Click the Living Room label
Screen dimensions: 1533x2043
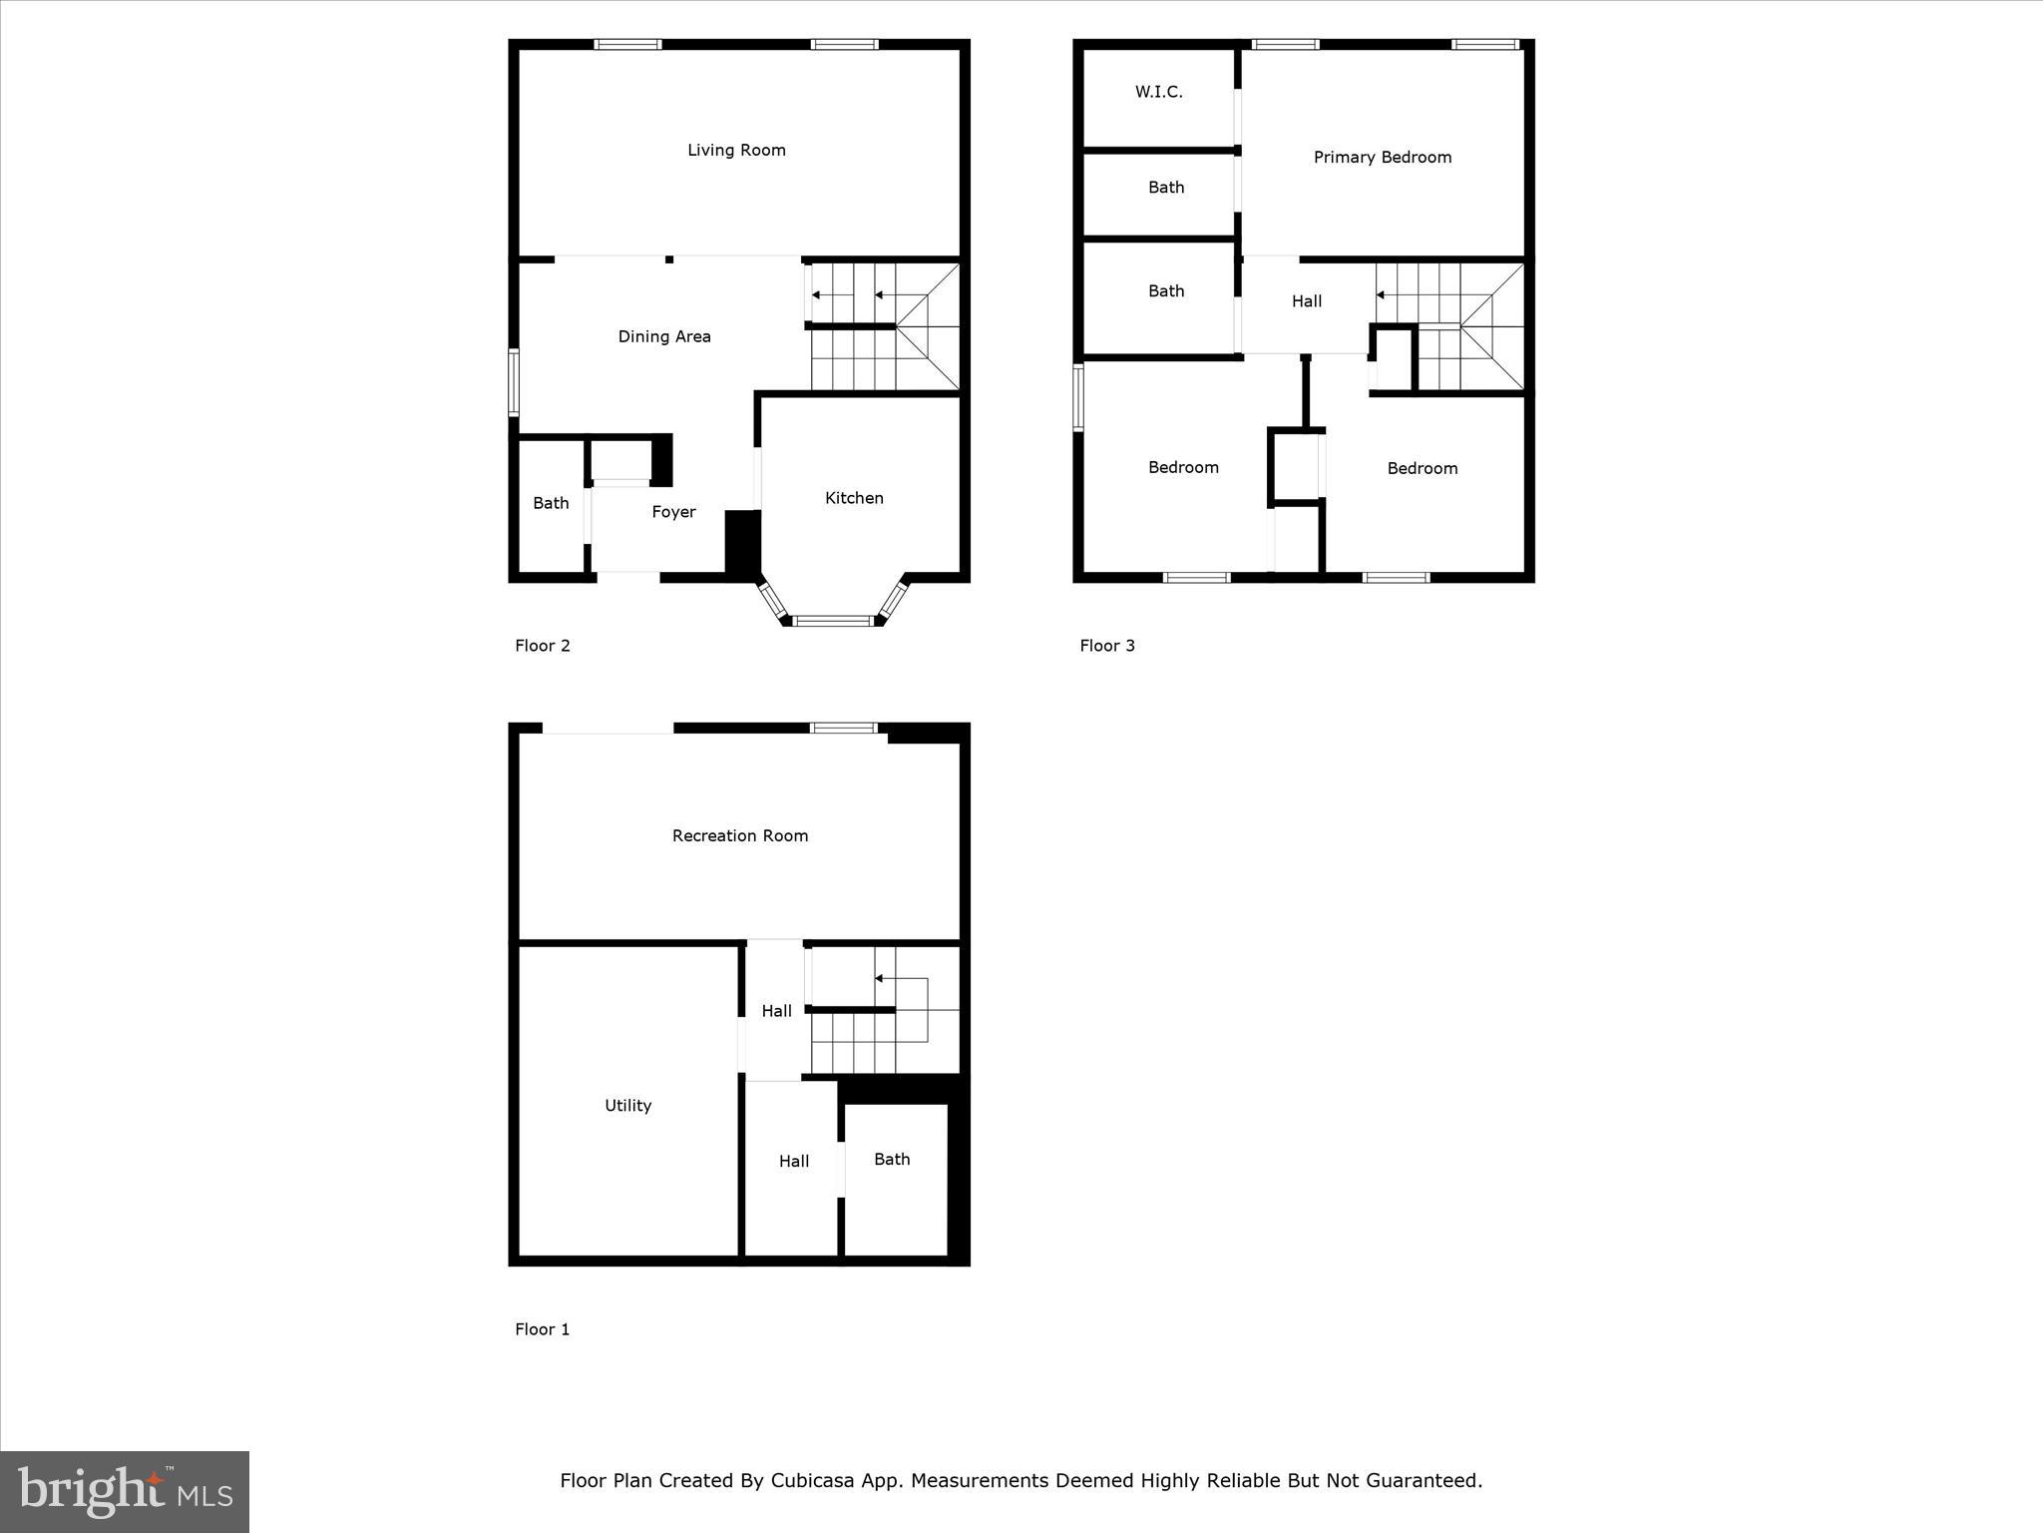tap(736, 151)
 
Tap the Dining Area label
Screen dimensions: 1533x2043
tap(664, 337)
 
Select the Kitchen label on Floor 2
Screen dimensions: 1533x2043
tap(854, 498)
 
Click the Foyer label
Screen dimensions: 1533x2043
tap(673, 512)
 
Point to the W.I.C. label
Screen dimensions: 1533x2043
tap(1158, 92)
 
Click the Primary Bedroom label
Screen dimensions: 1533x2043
tap(1382, 158)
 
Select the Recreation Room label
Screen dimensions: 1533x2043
tap(739, 836)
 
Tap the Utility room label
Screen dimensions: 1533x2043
tap(627, 1106)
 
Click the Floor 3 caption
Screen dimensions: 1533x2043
tap(1107, 646)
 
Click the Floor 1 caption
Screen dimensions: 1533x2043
tap(542, 1329)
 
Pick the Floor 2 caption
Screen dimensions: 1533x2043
tap(542, 646)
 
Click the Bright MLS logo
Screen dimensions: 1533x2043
tap(125, 1491)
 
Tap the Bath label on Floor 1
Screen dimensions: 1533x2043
tap(892, 1160)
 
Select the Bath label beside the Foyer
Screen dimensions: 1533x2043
tap(551, 504)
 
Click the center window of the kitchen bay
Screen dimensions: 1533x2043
tap(832, 621)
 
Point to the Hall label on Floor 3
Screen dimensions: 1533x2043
tap(1307, 301)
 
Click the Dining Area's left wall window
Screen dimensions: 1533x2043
tap(514, 381)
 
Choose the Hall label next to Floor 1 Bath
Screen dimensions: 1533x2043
tap(794, 1162)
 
